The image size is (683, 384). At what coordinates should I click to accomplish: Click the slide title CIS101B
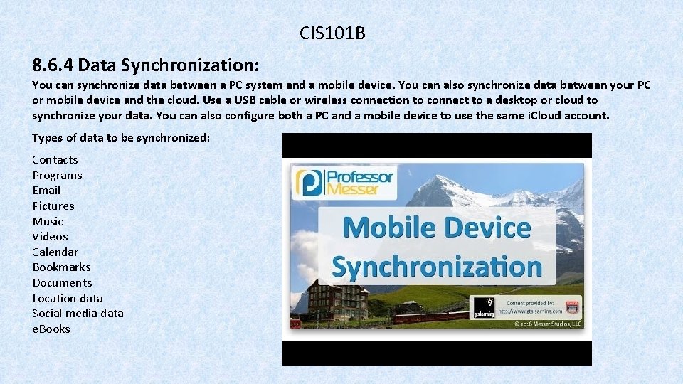(332, 33)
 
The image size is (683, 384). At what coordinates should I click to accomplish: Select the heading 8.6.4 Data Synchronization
(145, 65)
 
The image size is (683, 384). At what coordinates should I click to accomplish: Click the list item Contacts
(55, 160)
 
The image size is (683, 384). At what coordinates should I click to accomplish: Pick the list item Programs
(57, 176)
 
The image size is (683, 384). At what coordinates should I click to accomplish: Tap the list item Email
(46, 191)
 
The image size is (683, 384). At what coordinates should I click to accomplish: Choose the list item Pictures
(53, 206)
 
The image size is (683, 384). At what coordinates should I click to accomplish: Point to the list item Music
(47, 221)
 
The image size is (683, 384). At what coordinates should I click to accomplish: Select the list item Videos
(50, 237)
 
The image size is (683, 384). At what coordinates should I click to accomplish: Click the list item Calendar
(55, 252)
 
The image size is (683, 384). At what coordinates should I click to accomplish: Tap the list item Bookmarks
(61, 267)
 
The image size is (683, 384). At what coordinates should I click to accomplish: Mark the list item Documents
(62, 283)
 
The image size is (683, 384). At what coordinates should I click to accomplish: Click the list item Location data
(68, 299)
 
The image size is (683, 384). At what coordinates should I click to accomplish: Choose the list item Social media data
(78, 314)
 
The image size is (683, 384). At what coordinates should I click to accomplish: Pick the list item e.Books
(51, 329)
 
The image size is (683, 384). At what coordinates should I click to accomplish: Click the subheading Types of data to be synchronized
(121, 137)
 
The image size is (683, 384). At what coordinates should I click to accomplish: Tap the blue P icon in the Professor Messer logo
(309, 183)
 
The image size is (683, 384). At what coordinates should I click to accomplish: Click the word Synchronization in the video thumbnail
(437, 267)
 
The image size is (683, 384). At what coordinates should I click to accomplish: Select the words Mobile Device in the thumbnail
(437, 228)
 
